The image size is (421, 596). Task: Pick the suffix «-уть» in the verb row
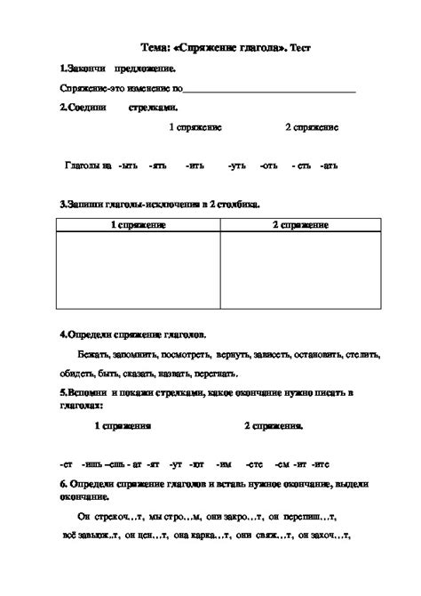(x=236, y=165)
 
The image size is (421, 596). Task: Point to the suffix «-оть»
(x=269, y=165)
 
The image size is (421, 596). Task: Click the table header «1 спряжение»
(x=139, y=225)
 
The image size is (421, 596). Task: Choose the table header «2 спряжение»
(x=300, y=225)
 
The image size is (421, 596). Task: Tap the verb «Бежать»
(x=93, y=354)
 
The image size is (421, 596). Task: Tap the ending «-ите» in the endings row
(x=321, y=463)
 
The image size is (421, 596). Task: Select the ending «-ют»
(x=197, y=463)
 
